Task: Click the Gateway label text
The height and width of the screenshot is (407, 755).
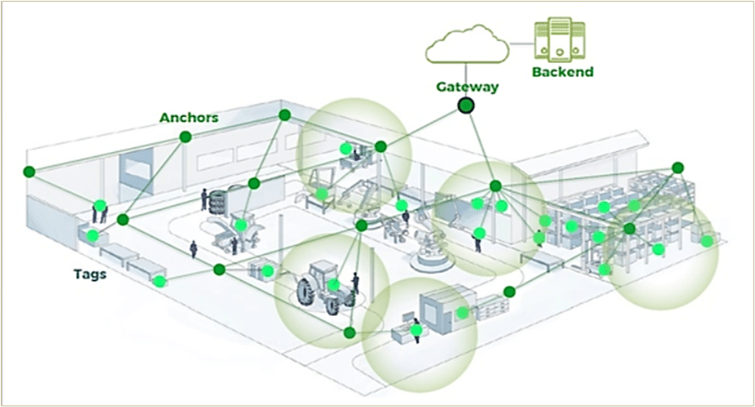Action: [467, 86]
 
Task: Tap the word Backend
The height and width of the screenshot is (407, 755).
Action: [563, 72]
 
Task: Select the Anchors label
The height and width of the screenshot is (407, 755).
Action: [189, 118]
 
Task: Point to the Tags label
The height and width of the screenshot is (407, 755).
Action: [89, 273]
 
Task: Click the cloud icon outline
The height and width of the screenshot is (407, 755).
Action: [467, 46]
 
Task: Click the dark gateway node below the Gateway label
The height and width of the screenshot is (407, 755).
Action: [466, 106]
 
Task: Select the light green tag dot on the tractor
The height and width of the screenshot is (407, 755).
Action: [333, 285]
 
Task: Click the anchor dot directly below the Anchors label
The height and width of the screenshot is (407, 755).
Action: [186, 136]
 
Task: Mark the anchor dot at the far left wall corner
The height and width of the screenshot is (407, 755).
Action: [29, 171]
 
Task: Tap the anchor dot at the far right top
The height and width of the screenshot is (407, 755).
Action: [677, 168]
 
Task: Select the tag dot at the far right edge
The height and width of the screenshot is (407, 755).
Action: [707, 242]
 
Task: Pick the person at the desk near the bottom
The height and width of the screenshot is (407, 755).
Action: [416, 329]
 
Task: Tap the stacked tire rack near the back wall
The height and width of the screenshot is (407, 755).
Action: [220, 203]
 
